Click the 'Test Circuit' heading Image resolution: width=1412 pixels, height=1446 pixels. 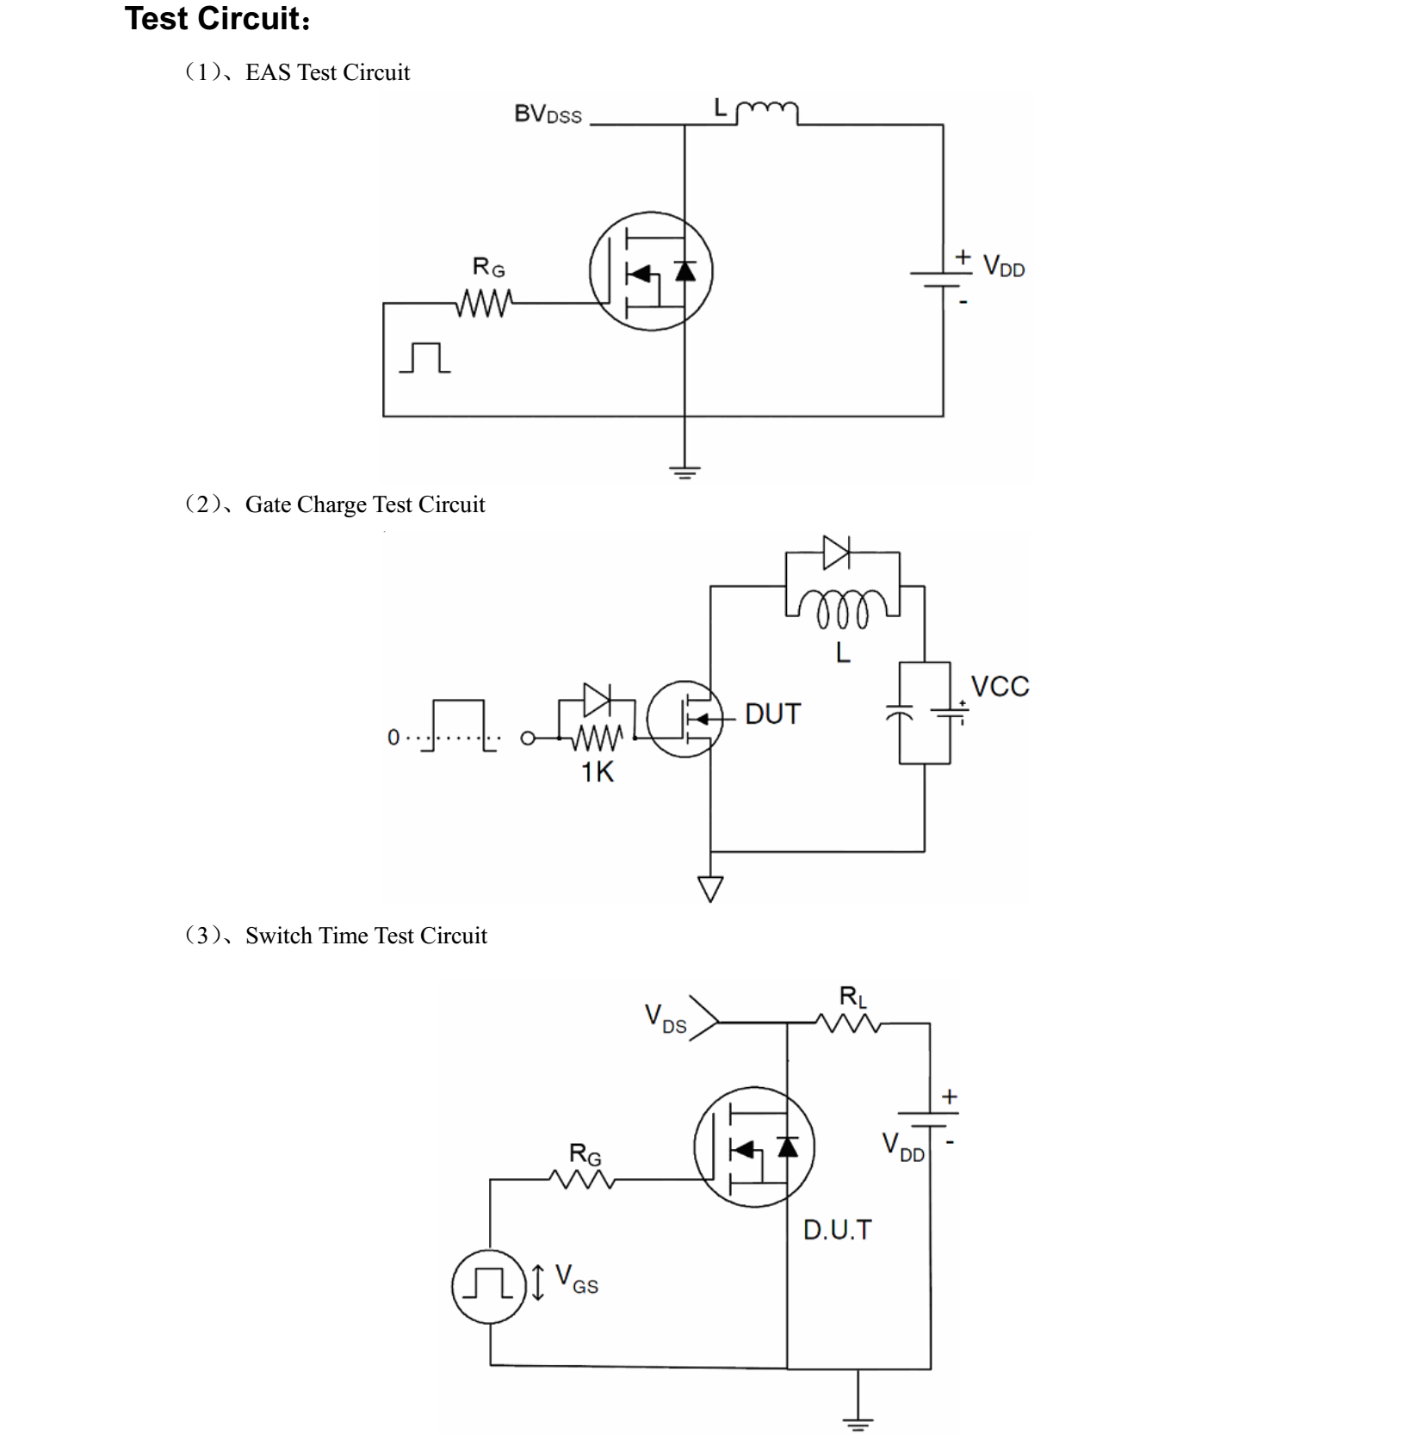tap(217, 19)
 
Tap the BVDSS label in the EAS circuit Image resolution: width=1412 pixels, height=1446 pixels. tap(548, 114)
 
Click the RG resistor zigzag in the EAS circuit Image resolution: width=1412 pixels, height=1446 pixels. tap(485, 303)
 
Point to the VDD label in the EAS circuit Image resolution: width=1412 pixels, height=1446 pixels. tap(1004, 267)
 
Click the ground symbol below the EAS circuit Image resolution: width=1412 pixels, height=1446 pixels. tap(685, 472)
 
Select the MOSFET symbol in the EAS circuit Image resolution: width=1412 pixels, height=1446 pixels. tap(651, 270)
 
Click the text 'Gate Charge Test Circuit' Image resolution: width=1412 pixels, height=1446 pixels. tap(365, 504)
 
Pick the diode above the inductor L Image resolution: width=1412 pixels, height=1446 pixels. tap(836, 553)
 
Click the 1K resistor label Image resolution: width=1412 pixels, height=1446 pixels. tap(598, 773)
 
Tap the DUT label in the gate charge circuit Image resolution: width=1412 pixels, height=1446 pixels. tap(772, 714)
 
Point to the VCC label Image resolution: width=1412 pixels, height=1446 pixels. tap(1000, 687)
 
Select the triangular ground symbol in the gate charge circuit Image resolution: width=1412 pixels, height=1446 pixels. tap(710, 887)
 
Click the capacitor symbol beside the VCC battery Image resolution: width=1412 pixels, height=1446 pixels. tap(900, 713)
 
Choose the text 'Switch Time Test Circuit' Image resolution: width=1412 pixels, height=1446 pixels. tap(366, 936)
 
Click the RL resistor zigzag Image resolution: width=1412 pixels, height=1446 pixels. tap(849, 1023)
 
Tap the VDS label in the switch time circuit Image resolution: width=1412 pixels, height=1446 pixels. tap(666, 1018)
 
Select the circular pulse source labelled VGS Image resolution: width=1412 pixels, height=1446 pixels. tap(489, 1286)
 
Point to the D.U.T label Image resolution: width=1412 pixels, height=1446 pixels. tap(837, 1230)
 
